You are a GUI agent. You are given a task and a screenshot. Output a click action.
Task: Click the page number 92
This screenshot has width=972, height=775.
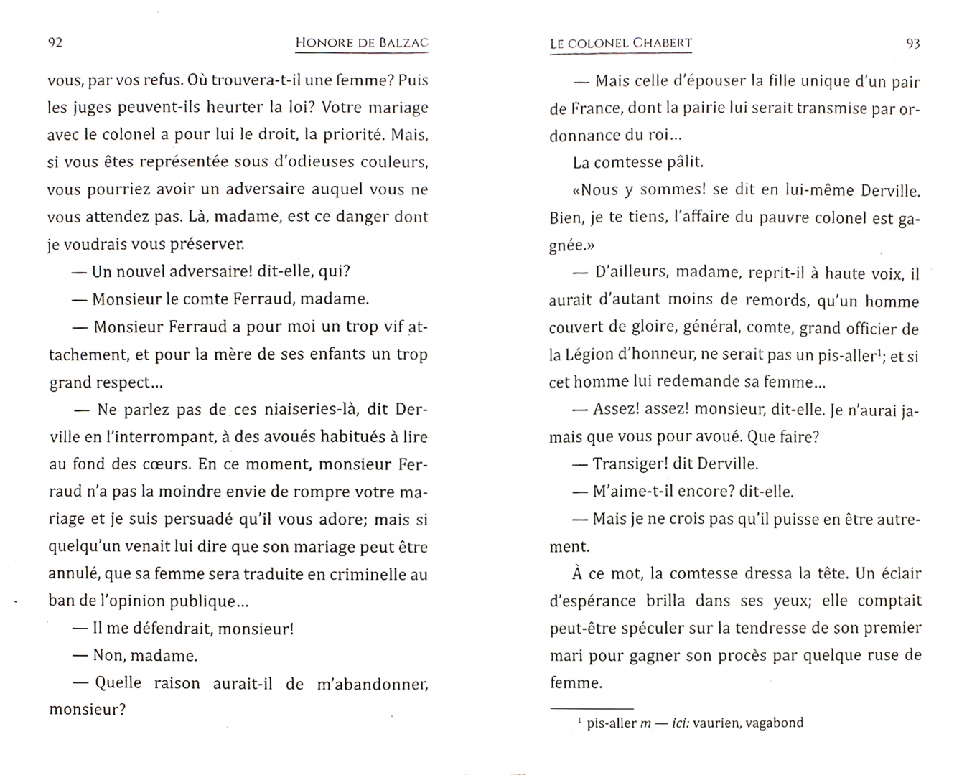[55, 42]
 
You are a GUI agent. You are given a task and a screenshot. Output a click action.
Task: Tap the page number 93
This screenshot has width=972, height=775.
[913, 44]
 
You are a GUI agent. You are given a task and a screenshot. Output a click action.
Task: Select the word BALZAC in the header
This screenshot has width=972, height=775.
[403, 43]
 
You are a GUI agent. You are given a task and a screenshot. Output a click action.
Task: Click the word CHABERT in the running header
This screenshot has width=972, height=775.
[662, 44]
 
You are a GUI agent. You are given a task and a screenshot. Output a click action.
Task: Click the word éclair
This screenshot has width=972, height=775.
[899, 573]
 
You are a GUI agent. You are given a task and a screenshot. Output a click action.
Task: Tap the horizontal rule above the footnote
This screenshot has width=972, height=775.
[592, 708]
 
